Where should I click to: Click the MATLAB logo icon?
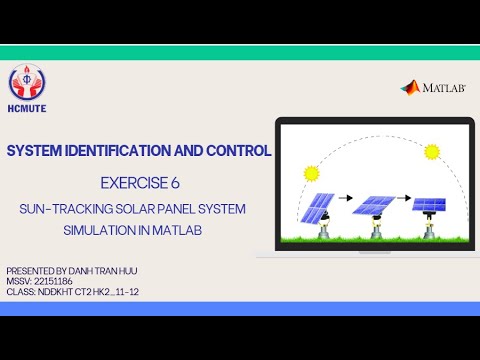pos(410,87)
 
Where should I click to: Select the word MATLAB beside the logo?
pos(443,88)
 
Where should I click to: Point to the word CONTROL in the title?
pos(240,152)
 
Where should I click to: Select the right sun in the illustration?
pos(431,152)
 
